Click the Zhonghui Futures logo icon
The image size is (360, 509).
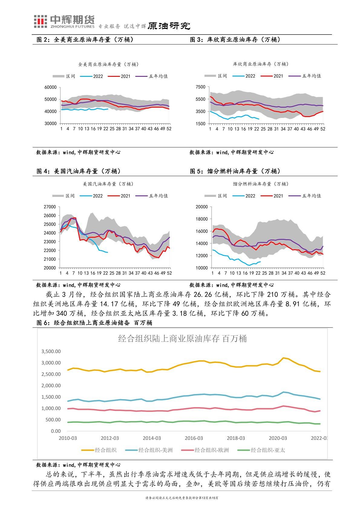coord(40,21)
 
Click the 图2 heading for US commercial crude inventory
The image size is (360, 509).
coord(85,40)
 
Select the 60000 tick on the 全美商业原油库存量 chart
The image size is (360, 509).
coord(51,87)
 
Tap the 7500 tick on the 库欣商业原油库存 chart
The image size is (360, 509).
coord(201,87)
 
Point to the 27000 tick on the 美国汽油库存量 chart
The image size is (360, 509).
coord(50,207)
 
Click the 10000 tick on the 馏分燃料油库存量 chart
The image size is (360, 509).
coord(202,268)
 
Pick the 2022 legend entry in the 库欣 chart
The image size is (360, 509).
coord(245,76)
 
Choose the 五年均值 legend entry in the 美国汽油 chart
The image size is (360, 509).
coord(152,196)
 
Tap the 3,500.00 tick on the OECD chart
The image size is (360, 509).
coord(51,351)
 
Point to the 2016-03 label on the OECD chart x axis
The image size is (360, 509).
coord(194,438)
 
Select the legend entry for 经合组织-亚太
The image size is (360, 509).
coord(262,450)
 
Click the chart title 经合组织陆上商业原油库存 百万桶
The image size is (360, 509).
coord(182,339)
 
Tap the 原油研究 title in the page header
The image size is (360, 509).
coord(169,26)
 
